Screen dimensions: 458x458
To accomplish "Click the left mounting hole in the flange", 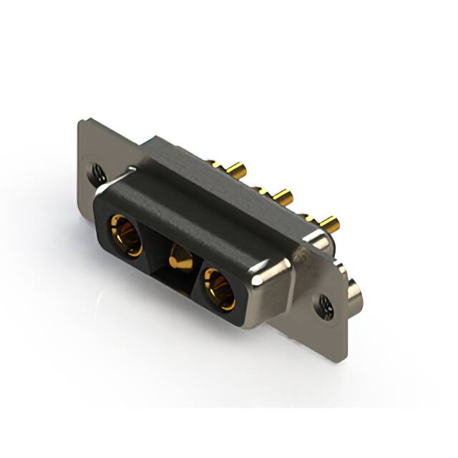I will (x=98, y=172).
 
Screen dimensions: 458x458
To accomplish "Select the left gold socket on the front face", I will (x=125, y=235).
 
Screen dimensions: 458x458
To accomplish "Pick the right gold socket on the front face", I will (x=219, y=288).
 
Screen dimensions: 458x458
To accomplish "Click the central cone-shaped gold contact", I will (x=179, y=257).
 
